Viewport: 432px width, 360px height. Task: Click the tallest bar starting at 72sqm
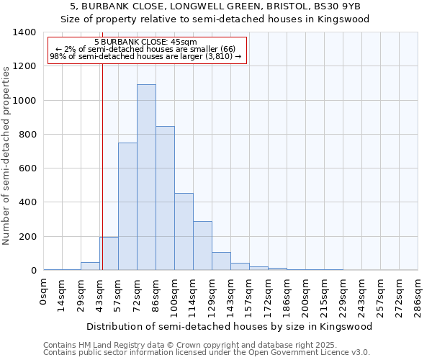(146, 177)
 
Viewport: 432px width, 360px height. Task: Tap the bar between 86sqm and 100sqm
(165, 198)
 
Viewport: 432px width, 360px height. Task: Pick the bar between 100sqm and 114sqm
(184, 232)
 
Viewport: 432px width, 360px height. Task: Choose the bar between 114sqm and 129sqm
(202, 246)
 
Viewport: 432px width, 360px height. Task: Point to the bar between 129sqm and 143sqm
(221, 261)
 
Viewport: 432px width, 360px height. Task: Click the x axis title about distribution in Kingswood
(230, 326)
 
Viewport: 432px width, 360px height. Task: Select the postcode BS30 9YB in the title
(341, 6)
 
